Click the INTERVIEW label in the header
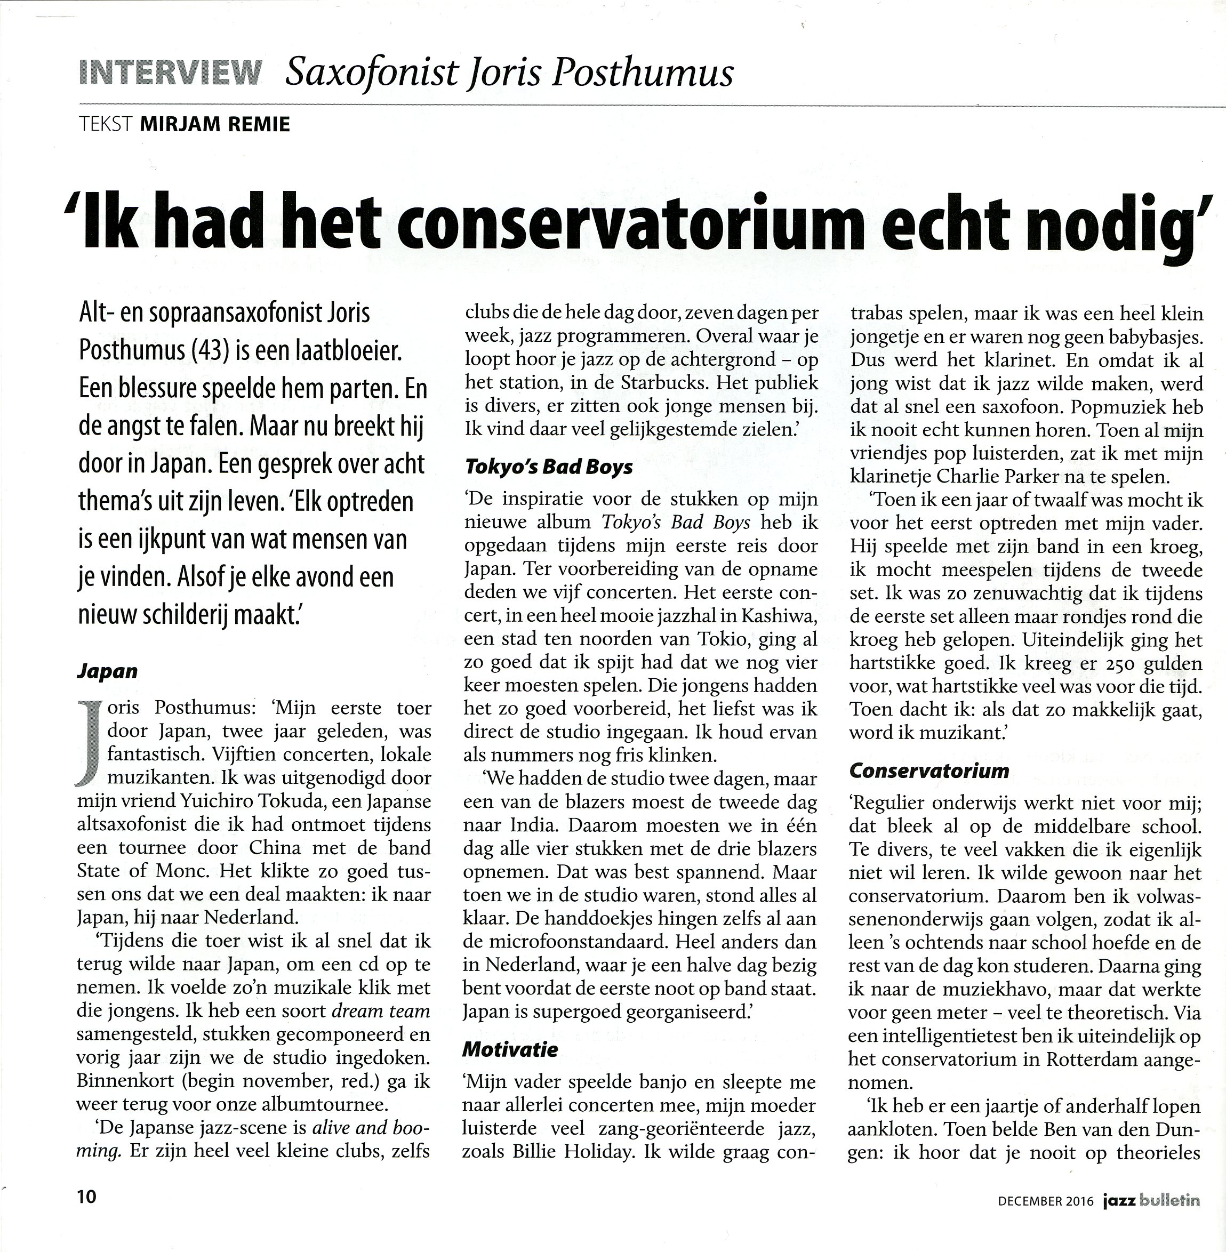pyautogui.click(x=170, y=73)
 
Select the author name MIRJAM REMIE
pyautogui.click(x=215, y=124)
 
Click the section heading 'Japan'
pyautogui.click(x=107, y=671)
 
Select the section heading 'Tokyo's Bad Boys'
pyautogui.click(x=549, y=467)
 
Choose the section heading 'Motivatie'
pyautogui.click(x=510, y=1049)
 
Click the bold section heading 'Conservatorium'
pyautogui.click(x=928, y=770)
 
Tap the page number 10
pyautogui.click(x=86, y=1197)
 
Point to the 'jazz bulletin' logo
pyautogui.click(x=1151, y=1199)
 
